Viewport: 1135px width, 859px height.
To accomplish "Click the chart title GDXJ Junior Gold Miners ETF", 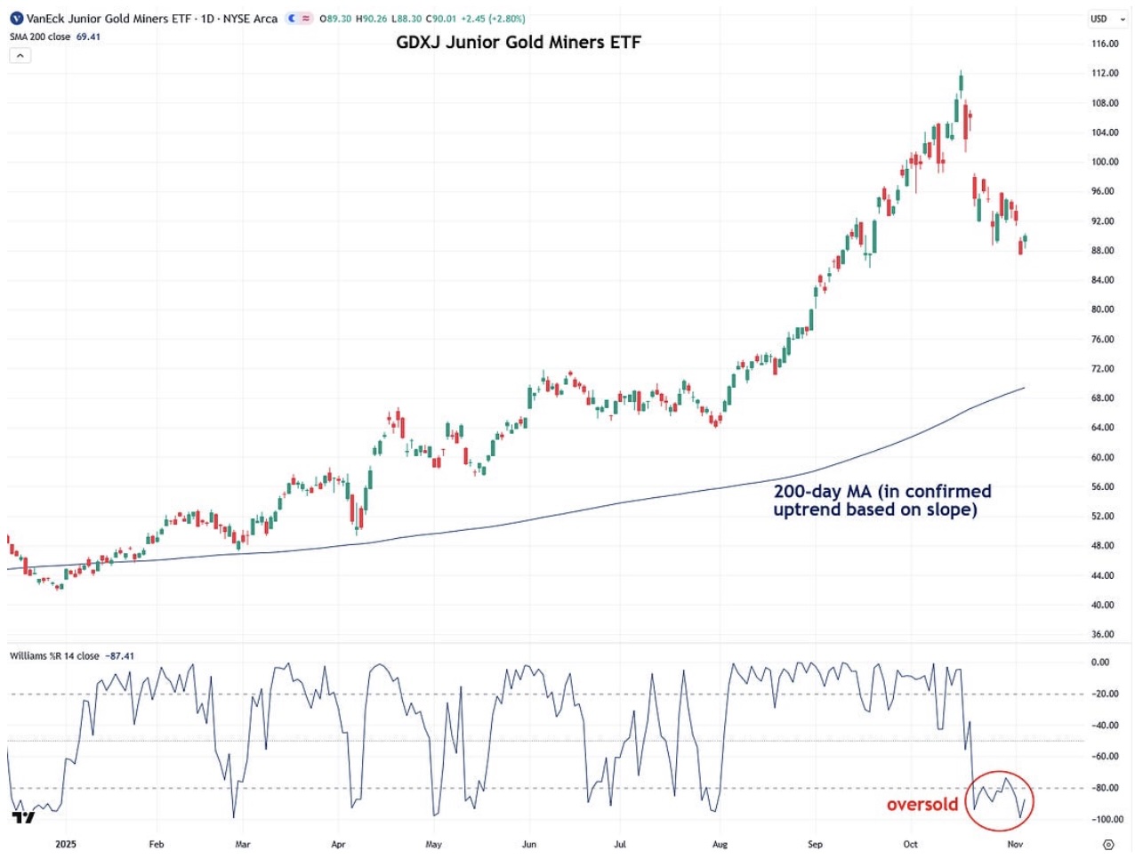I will [518, 42].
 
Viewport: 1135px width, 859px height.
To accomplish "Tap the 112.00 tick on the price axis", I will [1105, 73].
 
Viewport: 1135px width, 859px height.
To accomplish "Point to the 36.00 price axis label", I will [1103, 634].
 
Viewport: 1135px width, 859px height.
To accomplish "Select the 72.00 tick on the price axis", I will [1103, 368].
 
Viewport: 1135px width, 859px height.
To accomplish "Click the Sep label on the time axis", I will [815, 844].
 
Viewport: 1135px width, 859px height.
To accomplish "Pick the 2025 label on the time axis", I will [66, 844].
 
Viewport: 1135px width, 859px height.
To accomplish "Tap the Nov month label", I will [1014, 844].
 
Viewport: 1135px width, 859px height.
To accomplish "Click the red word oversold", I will [922, 805].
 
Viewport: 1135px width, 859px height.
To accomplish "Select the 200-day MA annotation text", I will [881, 500].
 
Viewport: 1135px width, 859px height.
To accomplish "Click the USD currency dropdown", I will [1107, 19].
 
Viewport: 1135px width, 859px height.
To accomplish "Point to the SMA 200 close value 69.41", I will [88, 37].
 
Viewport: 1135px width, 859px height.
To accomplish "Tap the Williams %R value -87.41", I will [120, 656].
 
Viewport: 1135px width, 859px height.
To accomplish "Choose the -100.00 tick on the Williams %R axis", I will [1106, 819].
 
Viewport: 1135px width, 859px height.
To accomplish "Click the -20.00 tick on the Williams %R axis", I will [1106, 694].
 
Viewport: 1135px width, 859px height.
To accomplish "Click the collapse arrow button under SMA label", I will [20, 55].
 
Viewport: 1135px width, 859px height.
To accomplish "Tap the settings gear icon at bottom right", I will [1108, 844].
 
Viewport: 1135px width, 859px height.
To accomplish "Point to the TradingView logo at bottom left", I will [23, 817].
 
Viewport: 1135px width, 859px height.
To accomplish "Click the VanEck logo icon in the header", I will [16, 19].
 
